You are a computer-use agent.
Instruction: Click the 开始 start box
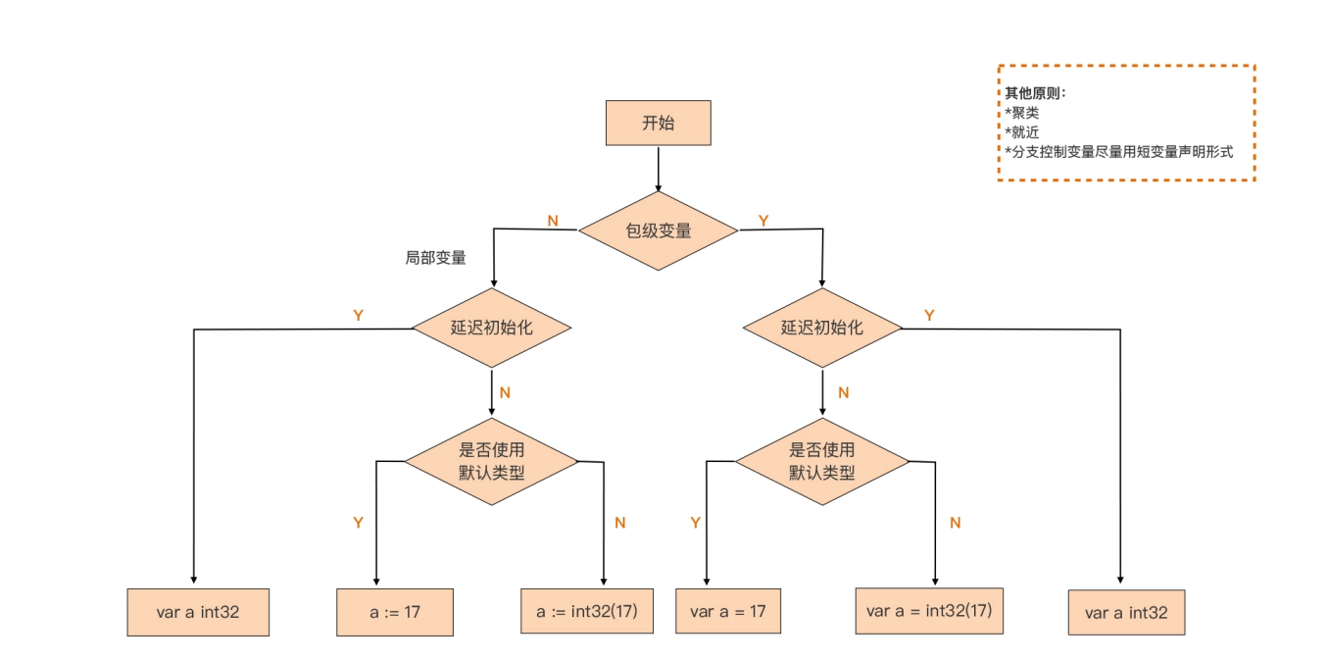click(x=659, y=123)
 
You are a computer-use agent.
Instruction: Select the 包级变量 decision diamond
click(x=659, y=231)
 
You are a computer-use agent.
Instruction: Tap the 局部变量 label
click(x=435, y=259)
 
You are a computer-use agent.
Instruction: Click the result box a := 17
click(x=395, y=612)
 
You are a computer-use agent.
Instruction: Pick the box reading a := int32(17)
click(x=586, y=611)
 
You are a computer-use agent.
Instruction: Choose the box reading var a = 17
click(x=727, y=611)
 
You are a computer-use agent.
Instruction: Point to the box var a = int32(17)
click(x=929, y=610)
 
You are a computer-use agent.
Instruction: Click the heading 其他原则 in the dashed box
click(x=1035, y=93)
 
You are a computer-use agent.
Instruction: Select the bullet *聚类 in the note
click(x=1022, y=113)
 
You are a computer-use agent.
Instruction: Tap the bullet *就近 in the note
click(x=1022, y=132)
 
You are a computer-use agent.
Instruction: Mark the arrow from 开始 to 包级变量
click(x=659, y=169)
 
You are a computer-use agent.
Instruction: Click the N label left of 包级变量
click(x=553, y=221)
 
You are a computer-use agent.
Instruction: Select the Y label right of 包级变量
click(x=763, y=221)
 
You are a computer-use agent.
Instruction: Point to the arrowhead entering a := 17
click(x=376, y=581)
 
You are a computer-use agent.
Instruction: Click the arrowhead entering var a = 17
click(x=706, y=581)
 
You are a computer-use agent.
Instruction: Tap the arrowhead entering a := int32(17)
click(x=604, y=580)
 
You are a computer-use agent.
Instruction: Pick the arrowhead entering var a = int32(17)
click(x=935, y=580)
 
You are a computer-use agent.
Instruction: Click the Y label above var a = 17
click(x=696, y=523)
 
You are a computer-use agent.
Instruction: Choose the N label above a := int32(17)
click(x=619, y=523)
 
